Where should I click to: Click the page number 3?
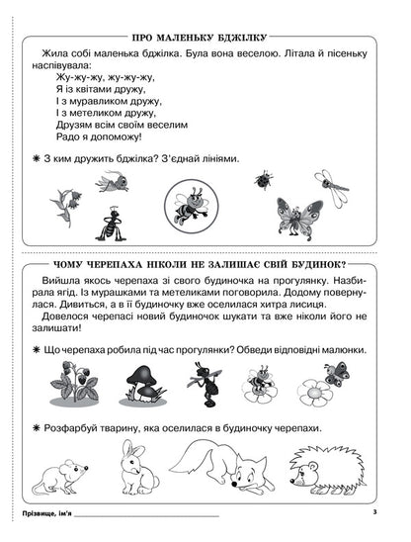(375, 512)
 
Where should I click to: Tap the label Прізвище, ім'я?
(45, 515)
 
